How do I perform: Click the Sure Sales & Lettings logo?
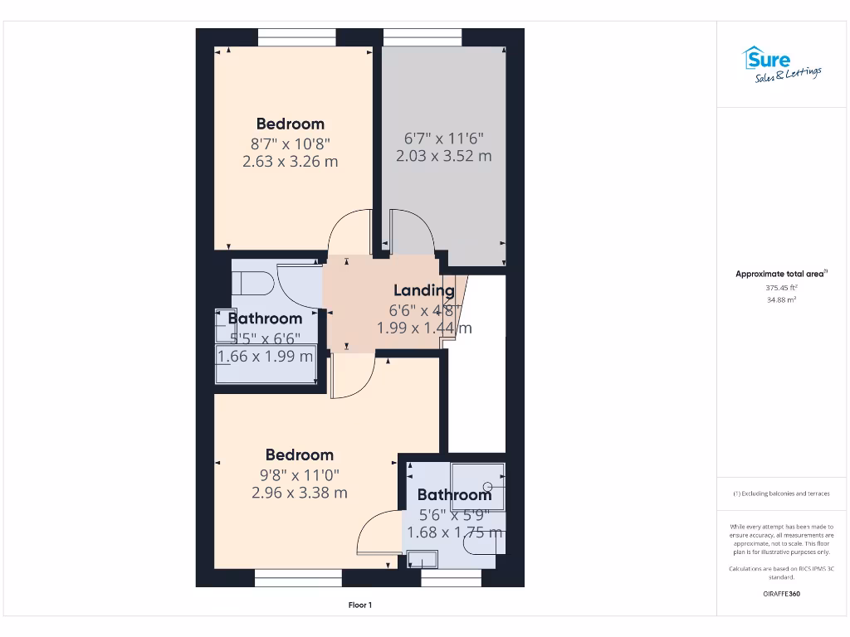point(780,65)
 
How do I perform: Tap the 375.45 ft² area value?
point(780,288)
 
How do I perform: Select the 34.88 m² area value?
point(780,299)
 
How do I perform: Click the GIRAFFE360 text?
point(780,594)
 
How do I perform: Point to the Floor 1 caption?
point(360,605)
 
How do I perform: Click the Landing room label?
point(423,290)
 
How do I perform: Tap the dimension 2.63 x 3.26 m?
point(290,162)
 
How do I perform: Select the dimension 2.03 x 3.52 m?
point(443,156)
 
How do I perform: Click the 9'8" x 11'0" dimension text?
point(299,475)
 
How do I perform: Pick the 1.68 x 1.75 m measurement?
point(454,532)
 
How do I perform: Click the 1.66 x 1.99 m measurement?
point(265,357)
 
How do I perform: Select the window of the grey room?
point(423,37)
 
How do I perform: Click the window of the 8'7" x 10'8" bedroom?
point(296,37)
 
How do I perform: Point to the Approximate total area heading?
point(780,274)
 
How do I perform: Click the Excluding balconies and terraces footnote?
point(780,494)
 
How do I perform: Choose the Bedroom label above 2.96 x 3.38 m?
point(299,455)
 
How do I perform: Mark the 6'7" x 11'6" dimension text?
point(443,139)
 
